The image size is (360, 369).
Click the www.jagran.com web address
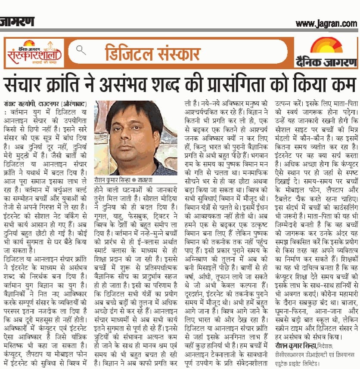coord(326,23)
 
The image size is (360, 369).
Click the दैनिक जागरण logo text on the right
coord(326,61)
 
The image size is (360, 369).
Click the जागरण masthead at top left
coord(17,21)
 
